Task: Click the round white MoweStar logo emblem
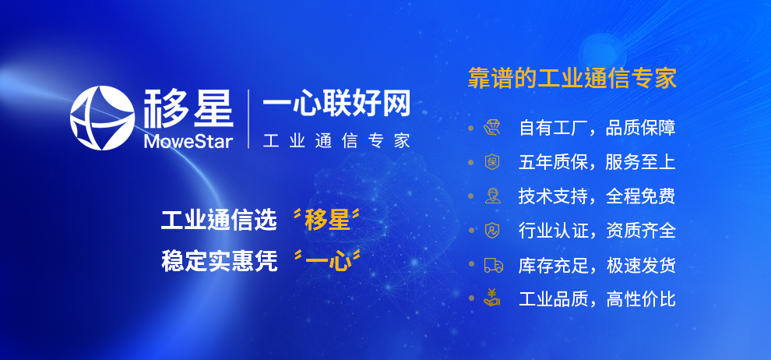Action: pyautogui.click(x=102, y=118)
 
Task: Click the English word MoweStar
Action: pyautogui.click(x=188, y=141)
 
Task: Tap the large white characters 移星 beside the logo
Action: pyautogui.click(x=188, y=108)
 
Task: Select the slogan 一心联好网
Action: pyautogui.click(x=336, y=104)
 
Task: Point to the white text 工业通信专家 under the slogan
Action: pyautogui.click(x=336, y=141)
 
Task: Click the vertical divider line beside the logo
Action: pyautogui.click(x=248, y=119)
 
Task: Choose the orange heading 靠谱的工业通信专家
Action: pyautogui.click(x=572, y=78)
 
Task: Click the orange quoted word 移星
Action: pyautogui.click(x=327, y=220)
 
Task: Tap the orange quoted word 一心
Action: pyautogui.click(x=327, y=261)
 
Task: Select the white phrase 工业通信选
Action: pyautogui.click(x=220, y=220)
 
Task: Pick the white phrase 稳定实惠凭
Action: pyautogui.click(x=220, y=261)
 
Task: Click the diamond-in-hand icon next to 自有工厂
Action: pyautogui.click(x=491, y=128)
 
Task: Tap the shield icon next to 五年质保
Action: pyautogui.click(x=491, y=162)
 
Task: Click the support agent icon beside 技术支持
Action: pyautogui.click(x=492, y=196)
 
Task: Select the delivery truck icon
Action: pyautogui.click(x=493, y=266)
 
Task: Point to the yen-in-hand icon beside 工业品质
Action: pyautogui.click(x=491, y=298)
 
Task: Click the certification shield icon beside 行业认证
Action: pyautogui.click(x=491, y=231)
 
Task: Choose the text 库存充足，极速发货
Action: pyautogui.click(x=597, y=266)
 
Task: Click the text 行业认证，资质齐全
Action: pyautogui.click(x=597, y=231)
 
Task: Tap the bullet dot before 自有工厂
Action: pyautogui.click(x=471, y=128)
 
